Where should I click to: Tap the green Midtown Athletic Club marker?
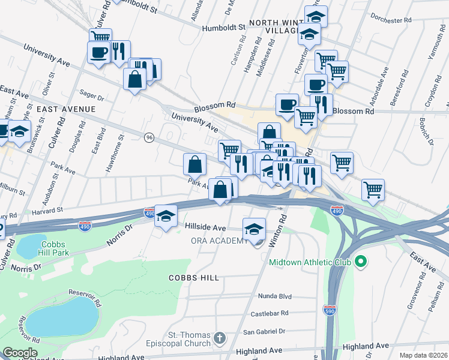pos(361,262)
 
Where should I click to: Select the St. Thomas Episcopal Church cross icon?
pos(220,339)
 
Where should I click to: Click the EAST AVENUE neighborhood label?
pos(66,109)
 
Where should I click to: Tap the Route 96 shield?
pos(149,137)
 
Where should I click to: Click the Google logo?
pos(20,353)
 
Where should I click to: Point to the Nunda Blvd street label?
pos(274,296)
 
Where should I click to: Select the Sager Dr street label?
pos(92,95)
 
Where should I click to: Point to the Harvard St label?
pos(47,210)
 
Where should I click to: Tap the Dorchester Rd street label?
pos(391,19)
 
